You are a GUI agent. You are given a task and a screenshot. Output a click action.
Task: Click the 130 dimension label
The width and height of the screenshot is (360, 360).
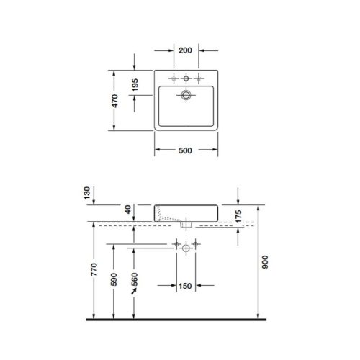point(88,193)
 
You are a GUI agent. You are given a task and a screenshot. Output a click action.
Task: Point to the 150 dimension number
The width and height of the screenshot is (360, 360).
point(186,288)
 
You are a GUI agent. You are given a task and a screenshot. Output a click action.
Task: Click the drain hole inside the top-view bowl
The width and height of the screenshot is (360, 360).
point(186,94)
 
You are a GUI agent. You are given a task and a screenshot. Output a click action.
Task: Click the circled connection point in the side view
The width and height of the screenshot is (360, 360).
point(186,246)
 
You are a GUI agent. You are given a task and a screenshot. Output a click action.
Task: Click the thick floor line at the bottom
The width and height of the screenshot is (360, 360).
point(180,318)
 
